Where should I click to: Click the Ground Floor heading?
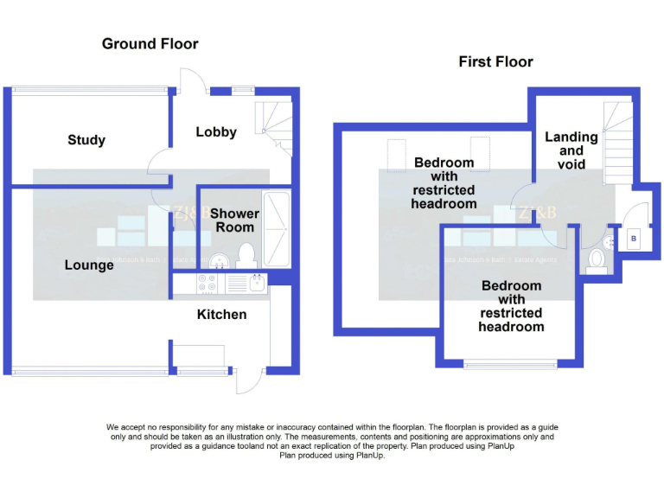pyautogui.click(x=150, y=43)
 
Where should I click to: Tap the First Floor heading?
pyautogui.click(x=495, y=61)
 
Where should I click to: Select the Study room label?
pyautogui.click(x=86, y=140)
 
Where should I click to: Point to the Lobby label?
pyautogui.click(x=216, y=132)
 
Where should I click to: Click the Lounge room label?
pyautogui.click(x=89, y=265)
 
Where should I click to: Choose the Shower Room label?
pyautogui.click(x=234, y=220)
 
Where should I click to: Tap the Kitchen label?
pyautogui.click(x=222, y=315)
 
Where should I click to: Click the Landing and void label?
pyautogui.click(x=571, y=150)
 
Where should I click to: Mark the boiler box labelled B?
pyautogui.click(x=634, y=238)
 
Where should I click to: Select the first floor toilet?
pyautogui.click(x=597, y=260)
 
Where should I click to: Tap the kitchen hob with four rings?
pyautogui.click(x=208, y=282)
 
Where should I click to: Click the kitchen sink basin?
pyautogui.click(x=257, y=282)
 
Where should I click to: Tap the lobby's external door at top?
pyautogui.click(x=191, y=80)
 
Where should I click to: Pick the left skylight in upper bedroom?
pyautogui.click(x=397, y=152)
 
